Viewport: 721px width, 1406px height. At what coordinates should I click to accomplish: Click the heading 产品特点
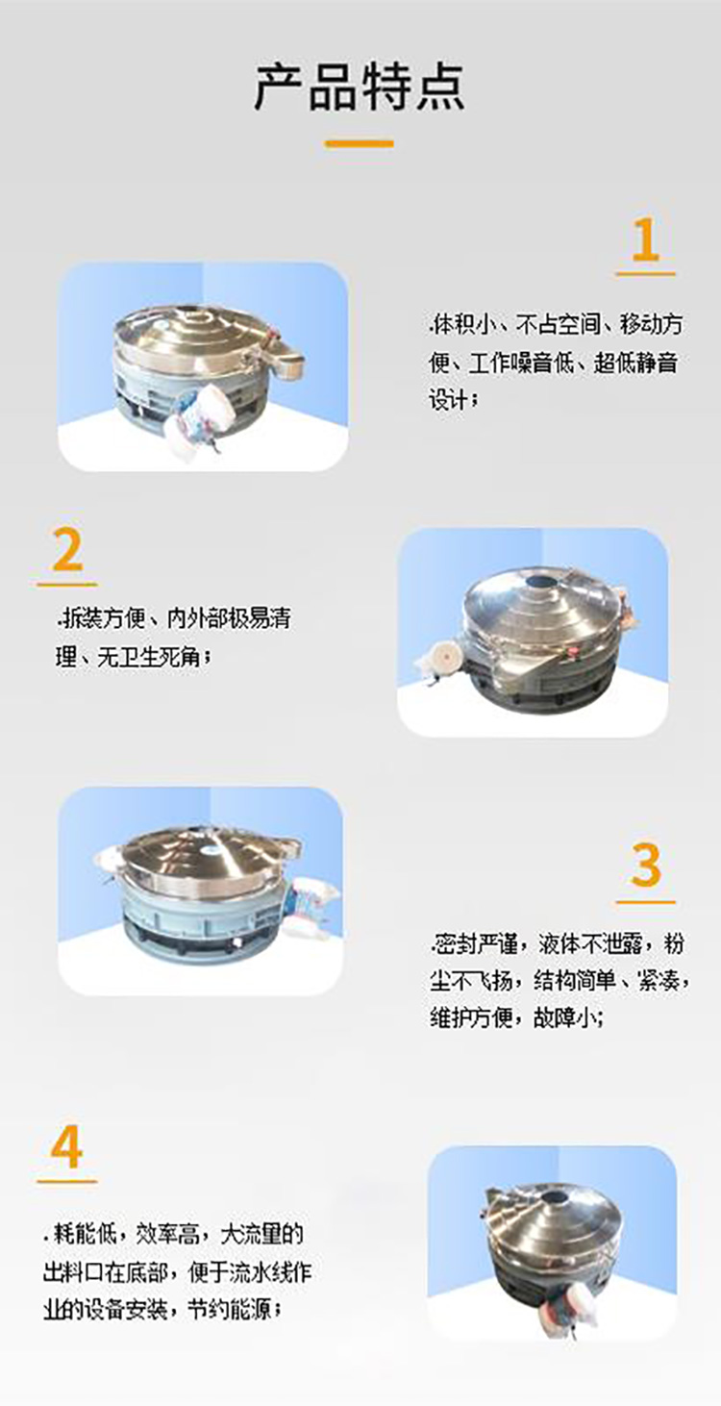[x=360, y=86]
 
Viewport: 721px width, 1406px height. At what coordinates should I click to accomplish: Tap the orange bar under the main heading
[x=360, y=144]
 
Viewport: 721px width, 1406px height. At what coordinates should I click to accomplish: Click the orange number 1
[x=645, y=240]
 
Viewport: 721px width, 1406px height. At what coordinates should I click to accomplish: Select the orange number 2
[x=67, y=551]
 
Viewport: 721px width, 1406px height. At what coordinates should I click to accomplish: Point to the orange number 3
[x=646, y=866]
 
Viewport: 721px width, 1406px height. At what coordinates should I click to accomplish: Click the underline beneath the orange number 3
[x=646, y=903]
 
